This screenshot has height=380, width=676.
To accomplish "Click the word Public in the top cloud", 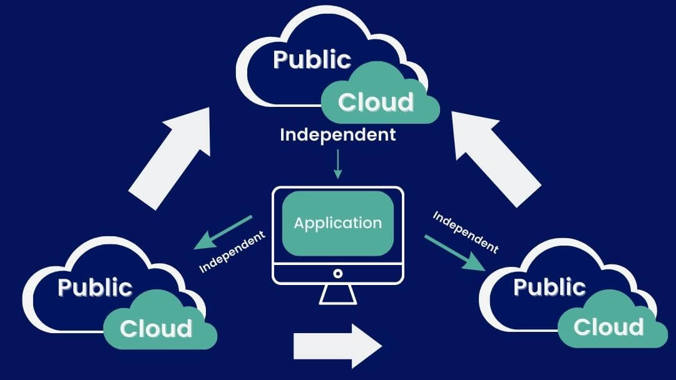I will [312, 60].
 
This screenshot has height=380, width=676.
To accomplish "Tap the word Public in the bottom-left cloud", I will [95, 287].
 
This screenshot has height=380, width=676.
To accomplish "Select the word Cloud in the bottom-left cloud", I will [156, 329].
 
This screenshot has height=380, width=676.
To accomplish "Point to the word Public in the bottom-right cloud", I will [549, 287].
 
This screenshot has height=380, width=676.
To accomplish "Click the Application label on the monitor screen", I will [338, 223].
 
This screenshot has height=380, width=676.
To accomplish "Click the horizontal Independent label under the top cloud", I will [338, 134].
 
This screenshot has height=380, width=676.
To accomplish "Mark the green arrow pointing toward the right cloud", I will [454, 252].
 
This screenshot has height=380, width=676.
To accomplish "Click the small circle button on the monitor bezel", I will [338, 273].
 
